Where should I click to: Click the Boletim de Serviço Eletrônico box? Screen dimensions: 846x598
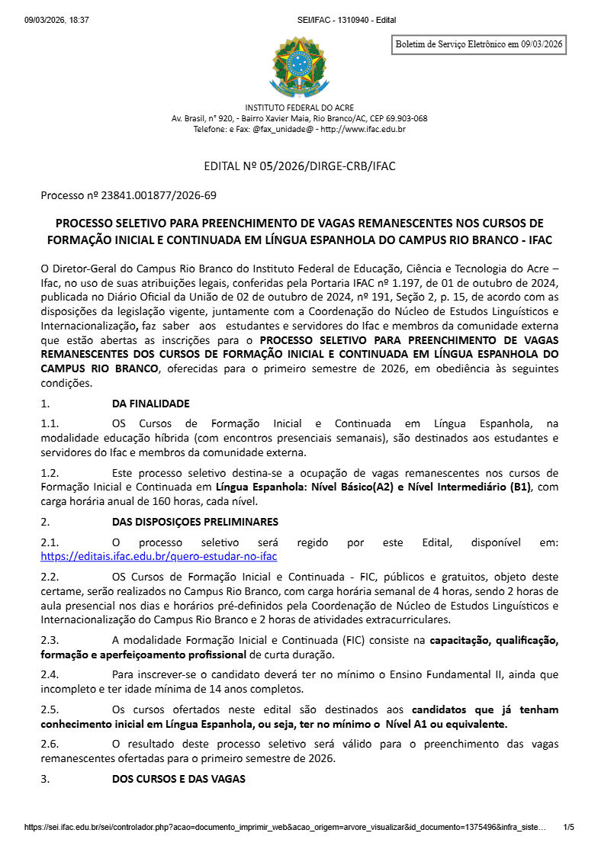[x=478, y=45]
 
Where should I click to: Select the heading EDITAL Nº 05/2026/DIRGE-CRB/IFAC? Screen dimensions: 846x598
[x=299, y=166]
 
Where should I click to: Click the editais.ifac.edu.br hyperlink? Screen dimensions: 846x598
[x=159, y=556]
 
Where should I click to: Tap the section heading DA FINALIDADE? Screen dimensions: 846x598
[x=150, y=404]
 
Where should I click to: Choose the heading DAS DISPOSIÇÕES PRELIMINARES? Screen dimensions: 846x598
[x=195, y=522]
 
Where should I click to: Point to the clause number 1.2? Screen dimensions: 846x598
[x=50, y=473]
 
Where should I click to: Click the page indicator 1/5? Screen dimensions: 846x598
[x=567, y=826]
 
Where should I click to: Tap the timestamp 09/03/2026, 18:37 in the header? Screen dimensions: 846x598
[x=56, y=20]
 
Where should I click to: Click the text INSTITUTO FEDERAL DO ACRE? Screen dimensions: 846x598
[x=299, y=108]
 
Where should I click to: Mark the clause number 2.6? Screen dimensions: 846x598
[x=50, y=743]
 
